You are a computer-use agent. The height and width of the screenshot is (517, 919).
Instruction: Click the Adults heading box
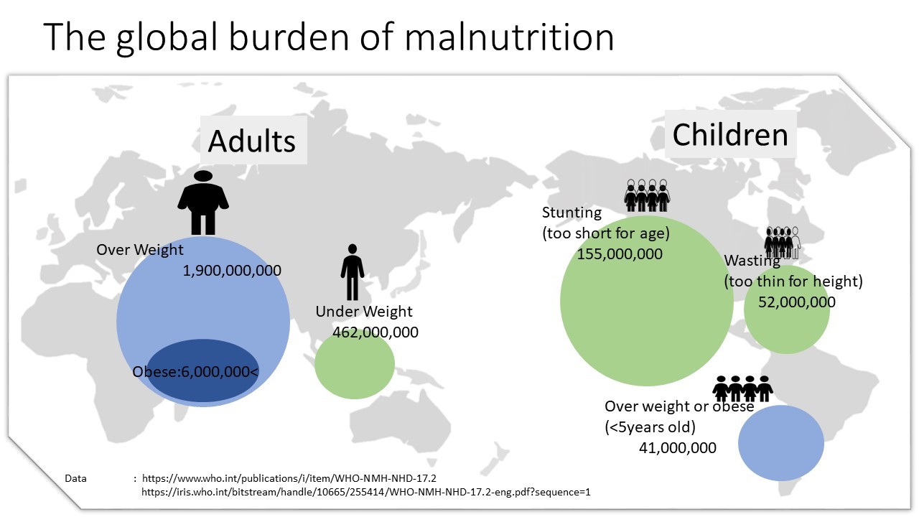[x=252, y=140]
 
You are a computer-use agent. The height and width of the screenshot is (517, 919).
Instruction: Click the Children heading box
[x=730, y=134]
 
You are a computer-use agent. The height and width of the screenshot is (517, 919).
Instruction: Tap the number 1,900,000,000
[x=232, y=271]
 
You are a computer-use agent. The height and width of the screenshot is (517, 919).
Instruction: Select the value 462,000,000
[x=375, y=332]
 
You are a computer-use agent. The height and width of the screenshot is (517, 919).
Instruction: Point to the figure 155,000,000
[x=620, y=254]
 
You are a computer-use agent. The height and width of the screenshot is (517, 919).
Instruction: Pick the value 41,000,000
[x=677, y=447]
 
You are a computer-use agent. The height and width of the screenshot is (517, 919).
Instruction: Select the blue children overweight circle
[x=780, y=443]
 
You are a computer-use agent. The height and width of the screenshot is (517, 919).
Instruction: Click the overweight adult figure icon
[x=203, y=202]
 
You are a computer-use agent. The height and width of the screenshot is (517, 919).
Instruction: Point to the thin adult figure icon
[x=352, y=271]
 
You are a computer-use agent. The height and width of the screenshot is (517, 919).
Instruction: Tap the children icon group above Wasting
[x=782, y=242]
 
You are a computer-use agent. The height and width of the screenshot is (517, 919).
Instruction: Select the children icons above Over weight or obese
[x=742, y=388]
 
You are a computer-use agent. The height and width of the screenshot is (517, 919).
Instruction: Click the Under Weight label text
[x=364, y=312]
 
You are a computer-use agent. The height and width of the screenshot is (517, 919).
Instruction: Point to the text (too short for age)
[x=605, y=233]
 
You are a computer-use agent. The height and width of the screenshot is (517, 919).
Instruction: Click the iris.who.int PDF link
[x=365, y=492]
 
